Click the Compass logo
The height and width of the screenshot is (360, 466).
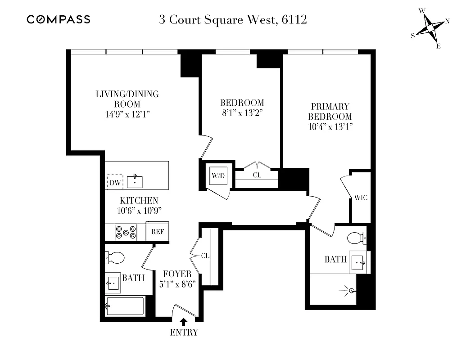tap(59, 19)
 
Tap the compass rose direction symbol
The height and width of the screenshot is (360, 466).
tap(431, 28)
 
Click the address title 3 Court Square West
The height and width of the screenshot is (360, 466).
tap(233, 20)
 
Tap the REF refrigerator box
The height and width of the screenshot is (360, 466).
tap(157, 232)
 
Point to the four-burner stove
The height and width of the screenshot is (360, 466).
tap(126, 232)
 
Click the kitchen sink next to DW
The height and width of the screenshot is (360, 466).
tap(135, 182)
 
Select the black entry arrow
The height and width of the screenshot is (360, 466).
tap(184, 321)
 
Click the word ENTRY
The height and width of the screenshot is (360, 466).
tap(184, 333)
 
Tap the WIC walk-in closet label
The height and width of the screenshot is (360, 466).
tap(361, 198)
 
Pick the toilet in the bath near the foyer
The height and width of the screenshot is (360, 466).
tap(116, 258)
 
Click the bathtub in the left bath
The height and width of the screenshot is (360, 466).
tap(125, 306)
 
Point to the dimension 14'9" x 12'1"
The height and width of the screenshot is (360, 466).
tap(127, 114)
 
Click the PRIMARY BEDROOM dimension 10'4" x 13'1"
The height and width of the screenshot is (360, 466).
tap(330, 126)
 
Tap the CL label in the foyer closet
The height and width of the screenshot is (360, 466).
tap(206, 256)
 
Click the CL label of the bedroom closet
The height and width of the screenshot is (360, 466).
tap(257, 175)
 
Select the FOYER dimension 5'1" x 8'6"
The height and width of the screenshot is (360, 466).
tap(177, 285)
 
